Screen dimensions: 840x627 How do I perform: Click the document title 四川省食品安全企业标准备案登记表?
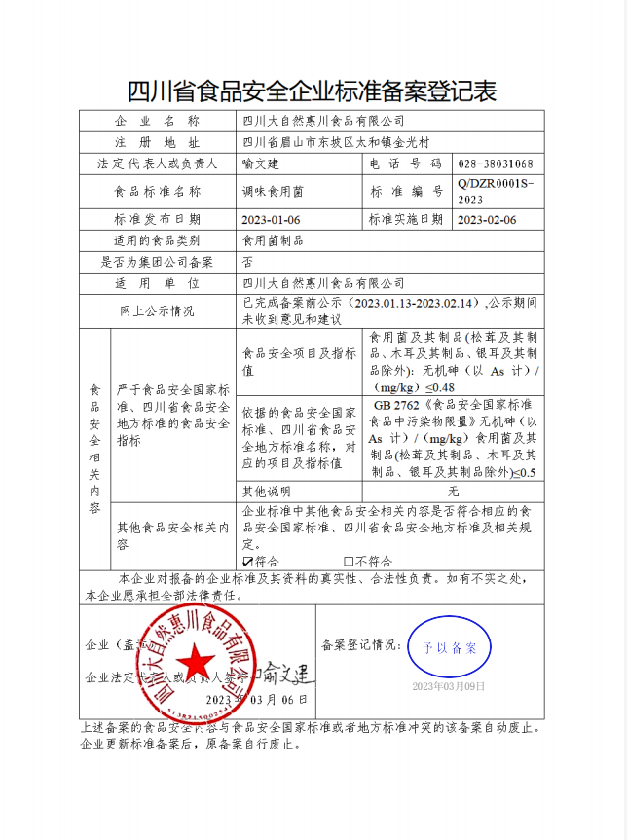[x=313, y=92]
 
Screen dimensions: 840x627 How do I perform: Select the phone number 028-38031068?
[x=494, y=164]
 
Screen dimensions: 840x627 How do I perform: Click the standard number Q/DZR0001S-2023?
[x=494, y=191]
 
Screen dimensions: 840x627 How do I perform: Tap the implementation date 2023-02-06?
[x=486, y=219]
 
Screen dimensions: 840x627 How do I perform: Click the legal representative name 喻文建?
[x=260, y=164]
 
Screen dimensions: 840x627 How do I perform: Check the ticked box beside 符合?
[x=247, y=562]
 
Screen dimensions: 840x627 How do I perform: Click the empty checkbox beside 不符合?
[x=349, y=562]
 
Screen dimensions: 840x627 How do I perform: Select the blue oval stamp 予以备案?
[x=448, y=647]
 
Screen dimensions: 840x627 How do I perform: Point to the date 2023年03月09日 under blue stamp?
[x=448, y=687]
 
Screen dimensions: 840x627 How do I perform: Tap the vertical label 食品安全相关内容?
[x=94, y=448]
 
